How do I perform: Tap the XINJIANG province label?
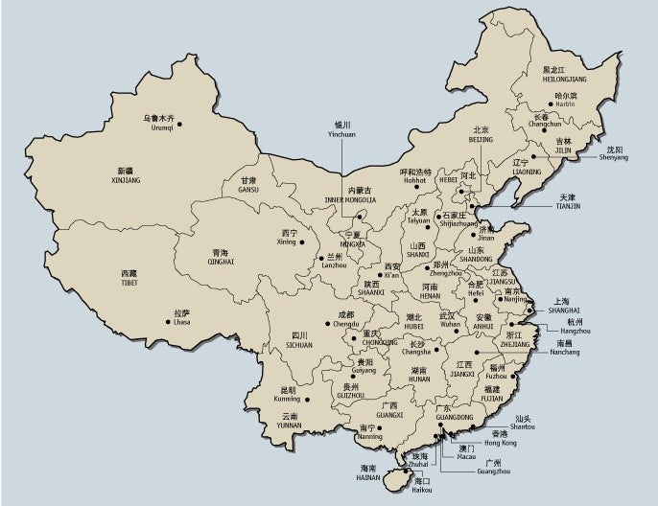point(126,179)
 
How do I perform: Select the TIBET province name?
point(129,283)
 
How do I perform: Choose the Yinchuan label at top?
point(341,135)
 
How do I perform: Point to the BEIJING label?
point(481,140)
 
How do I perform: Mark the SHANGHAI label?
point(564,310)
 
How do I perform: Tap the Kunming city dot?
point(308,400)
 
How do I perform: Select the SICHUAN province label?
point(299,345)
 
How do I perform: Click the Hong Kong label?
point(500,443)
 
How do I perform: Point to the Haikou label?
point(422,490)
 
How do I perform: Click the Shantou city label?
point(523,426)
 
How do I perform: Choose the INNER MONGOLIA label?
point(349,200)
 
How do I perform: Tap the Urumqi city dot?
point(179,123)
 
